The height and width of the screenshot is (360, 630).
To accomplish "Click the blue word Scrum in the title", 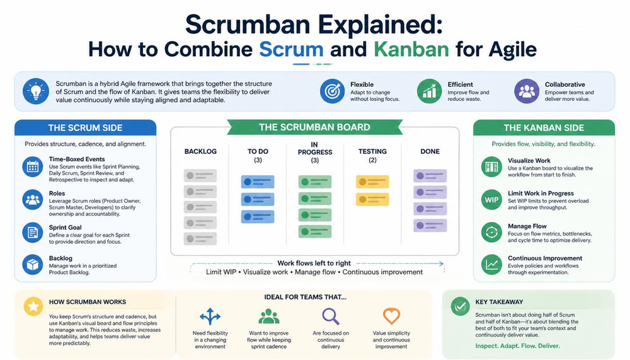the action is [x=291, y=49].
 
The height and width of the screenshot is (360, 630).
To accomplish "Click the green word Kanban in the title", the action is [x=411, y=49].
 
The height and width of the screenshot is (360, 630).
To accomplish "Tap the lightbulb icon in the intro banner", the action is [x=36, y=91].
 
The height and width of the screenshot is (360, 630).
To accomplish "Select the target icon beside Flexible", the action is [x=332, y=91].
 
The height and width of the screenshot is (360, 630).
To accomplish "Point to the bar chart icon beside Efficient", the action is [x=429, y=91].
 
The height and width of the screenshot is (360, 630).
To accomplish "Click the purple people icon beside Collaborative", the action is [x=527, y=91].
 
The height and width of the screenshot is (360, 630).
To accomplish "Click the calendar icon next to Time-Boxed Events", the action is [x=33, y=166].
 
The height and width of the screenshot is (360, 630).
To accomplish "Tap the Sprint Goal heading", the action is [x=65, y=227].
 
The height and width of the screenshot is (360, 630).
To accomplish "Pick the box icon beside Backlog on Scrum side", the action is [x=33, y=264].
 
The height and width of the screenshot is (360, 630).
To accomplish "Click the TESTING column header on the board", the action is [x=372, y=152].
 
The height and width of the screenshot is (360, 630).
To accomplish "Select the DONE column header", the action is [x=430, y=152].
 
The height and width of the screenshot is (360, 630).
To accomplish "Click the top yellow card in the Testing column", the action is [x=372, y=182].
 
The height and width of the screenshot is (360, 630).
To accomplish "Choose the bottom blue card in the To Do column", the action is [x=258, y=217].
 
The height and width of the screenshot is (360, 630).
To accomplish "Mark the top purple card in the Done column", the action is [x=430, y=176].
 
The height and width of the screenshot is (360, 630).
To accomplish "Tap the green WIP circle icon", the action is [x=491, y=200].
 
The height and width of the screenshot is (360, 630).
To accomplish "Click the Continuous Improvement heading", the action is [x=545, y=258].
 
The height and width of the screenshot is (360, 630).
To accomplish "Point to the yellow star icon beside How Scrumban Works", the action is [x=33, y=307].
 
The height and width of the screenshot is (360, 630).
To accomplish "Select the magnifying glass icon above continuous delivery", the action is [x=331, y=316].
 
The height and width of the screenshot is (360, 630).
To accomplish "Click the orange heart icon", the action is [x=391, y=316].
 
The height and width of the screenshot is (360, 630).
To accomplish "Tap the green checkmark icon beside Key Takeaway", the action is [x=460, y=307].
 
